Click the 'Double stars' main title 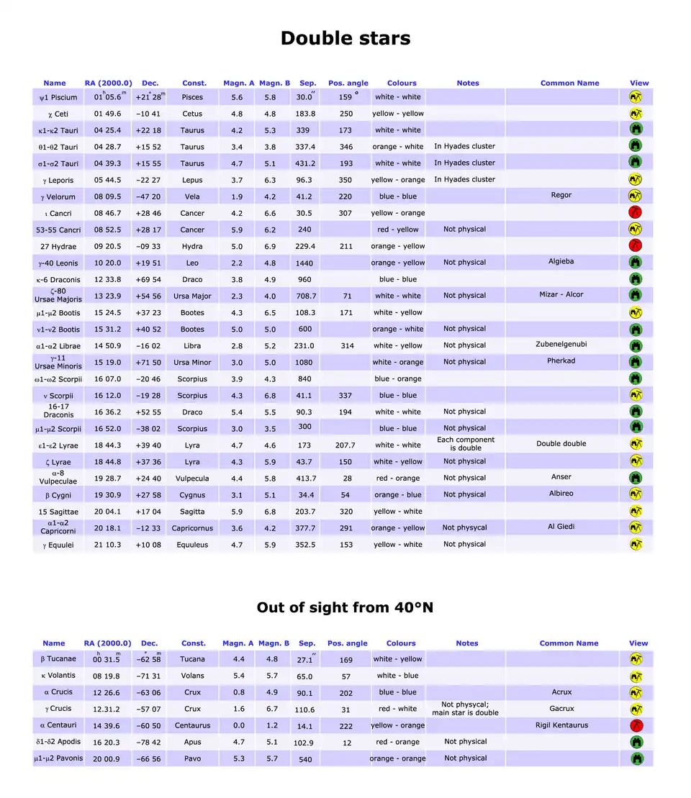coord(345,38)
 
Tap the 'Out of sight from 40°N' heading coord(345,607)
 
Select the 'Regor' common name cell coord(561,195)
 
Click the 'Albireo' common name coord(561,494)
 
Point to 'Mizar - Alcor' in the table coord(561,294)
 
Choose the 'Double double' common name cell coord(561,444)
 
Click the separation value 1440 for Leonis coord(304,263)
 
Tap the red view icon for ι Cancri coord(636,212)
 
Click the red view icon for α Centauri coord(636,725)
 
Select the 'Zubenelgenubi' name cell coord(561,344)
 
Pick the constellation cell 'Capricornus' coord(192,528)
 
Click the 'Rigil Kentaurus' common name coord(561,725)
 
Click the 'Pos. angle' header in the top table coord(348,83)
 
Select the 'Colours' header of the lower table coord(401,643)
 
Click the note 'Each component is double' coord(466,444)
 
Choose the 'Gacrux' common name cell coord(561,709)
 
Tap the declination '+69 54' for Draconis coord(148,280)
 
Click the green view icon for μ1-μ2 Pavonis coord(636,758)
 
